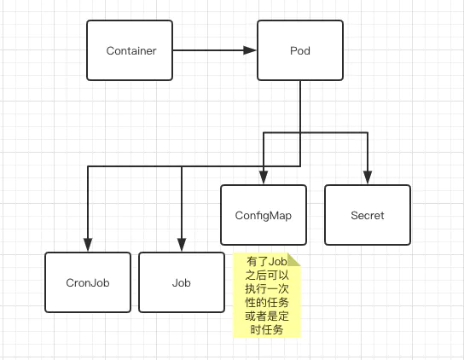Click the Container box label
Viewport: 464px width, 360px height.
(x=131, y=50)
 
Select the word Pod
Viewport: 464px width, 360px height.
(x=300, y=50)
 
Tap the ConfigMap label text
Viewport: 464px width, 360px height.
(x=264, y=216)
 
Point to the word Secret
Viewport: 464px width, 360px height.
(x=368, y=215)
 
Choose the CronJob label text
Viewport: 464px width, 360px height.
(x=88, y=282)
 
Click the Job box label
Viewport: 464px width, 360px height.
(x=182, y=282)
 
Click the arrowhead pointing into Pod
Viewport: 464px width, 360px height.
(x=250, y=50)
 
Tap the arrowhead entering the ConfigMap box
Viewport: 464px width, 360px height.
(x=264, y=177)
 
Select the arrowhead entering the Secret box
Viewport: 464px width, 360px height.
(x=368, y=177)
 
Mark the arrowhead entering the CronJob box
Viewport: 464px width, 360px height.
(x=88, y=245)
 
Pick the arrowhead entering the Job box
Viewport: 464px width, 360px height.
(x=182, y=245)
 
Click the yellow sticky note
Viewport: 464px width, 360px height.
(x=267, y=295)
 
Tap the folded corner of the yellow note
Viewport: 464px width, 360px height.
(x=294, y=259)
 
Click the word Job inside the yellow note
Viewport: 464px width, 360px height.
(x=277, y=261)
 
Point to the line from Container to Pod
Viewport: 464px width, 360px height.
(x=215, y=50)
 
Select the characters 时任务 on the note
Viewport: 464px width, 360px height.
(x=267, y=329)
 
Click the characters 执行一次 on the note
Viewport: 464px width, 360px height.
(x=267, y=288)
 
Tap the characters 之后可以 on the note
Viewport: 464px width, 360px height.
(x=267, y=275)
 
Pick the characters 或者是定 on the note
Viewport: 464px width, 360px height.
(x=267, y=316)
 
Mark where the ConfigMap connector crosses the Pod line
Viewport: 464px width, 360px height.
(x=300, y=132)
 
